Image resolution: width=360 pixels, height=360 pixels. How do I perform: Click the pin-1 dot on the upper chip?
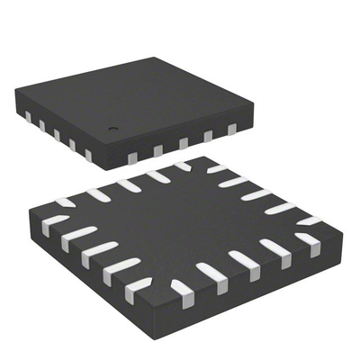113,128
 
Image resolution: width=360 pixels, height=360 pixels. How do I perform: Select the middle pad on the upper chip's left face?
56,135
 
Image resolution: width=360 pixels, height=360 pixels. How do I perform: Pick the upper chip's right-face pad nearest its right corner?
231,130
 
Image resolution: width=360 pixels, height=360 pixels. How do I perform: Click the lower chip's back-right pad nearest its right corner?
310,220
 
